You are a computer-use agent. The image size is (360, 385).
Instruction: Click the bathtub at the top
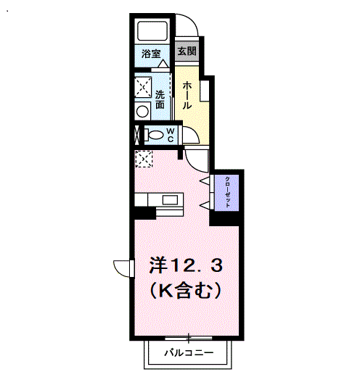153,32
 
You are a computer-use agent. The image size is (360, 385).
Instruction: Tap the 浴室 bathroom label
150,54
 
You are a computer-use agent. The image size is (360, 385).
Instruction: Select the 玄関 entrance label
187,52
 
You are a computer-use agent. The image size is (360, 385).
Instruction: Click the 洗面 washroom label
160,99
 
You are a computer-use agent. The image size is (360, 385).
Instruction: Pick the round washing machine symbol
142,110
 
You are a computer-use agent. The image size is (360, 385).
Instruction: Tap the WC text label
170,135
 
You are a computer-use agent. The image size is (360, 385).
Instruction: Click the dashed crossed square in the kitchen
144,158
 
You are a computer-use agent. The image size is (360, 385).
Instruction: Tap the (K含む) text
185,291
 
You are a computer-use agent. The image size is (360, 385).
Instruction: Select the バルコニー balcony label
188,354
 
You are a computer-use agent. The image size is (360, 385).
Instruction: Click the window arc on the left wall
124,267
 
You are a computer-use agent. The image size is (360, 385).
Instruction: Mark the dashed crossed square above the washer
142,86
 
